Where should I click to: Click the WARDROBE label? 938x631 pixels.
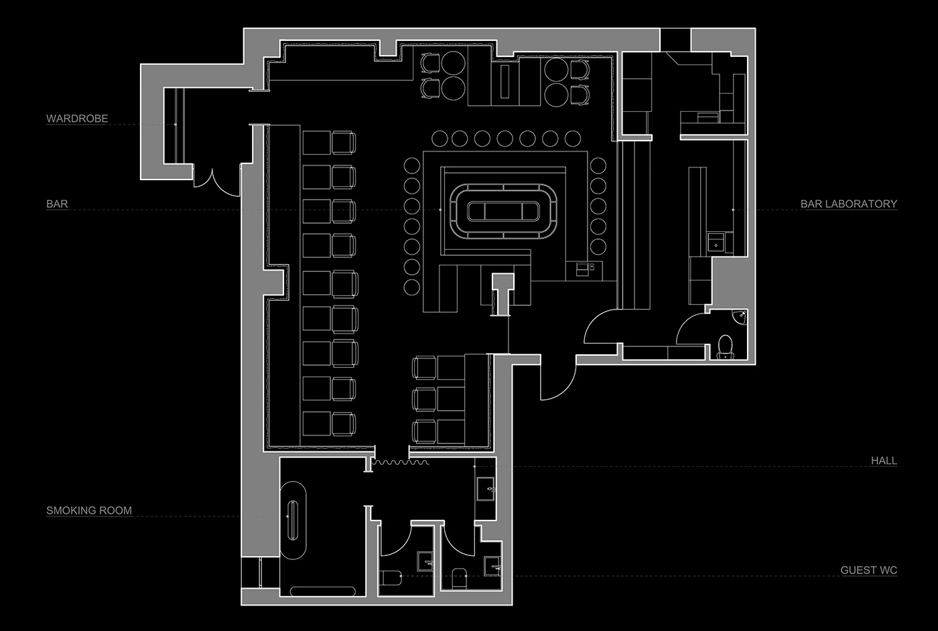77,119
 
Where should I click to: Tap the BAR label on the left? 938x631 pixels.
57,204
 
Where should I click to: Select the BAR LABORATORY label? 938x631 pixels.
848,204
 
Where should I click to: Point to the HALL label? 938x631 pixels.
884,461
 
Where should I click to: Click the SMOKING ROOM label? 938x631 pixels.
89,510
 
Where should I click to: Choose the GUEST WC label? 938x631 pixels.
868,571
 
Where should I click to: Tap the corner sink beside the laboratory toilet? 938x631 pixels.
740,317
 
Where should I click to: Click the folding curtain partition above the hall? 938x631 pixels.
400,462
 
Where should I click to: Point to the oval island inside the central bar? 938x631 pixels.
503,210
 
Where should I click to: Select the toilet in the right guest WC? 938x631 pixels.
459,578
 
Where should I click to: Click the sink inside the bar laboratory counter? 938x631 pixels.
715,243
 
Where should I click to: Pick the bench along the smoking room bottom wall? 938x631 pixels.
324,591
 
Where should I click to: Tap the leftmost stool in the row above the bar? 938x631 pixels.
440,139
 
